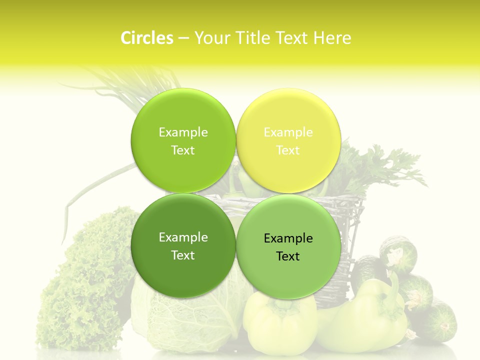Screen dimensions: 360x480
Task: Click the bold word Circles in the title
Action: (147, 38)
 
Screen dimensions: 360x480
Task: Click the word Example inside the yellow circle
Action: (288, 132)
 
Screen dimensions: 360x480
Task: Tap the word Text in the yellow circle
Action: (288, 150)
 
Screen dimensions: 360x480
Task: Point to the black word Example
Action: (288, 238)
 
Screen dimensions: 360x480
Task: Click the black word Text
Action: (288, 256)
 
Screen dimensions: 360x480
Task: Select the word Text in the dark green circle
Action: (183, 255)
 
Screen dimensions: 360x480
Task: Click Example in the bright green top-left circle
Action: (183, 132)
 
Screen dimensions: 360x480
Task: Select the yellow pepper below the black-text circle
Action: (280, 320)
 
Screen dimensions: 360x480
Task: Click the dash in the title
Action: (183, 38)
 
